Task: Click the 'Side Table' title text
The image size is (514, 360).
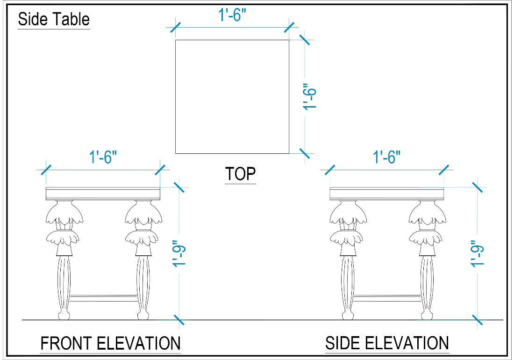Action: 54,19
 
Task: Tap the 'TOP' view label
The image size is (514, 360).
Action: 240,174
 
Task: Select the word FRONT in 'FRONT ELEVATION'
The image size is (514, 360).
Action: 65,343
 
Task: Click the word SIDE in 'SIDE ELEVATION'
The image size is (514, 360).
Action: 341,343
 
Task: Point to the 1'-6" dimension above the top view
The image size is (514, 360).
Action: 232,15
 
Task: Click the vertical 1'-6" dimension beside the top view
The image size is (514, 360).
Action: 309,96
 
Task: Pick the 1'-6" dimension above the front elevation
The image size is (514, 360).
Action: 103,157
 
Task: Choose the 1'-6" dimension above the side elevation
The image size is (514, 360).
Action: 387,157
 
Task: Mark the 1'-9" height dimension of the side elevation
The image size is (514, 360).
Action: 477,253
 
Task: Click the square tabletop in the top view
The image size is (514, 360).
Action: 232,97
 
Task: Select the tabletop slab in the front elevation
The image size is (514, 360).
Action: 103,194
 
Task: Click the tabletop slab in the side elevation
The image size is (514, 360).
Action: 387,194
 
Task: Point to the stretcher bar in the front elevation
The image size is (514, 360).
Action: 104,298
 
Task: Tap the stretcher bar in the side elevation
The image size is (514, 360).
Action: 387,298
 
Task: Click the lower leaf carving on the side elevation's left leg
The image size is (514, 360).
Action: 346,238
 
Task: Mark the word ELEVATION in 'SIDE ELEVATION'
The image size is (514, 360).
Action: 405,343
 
